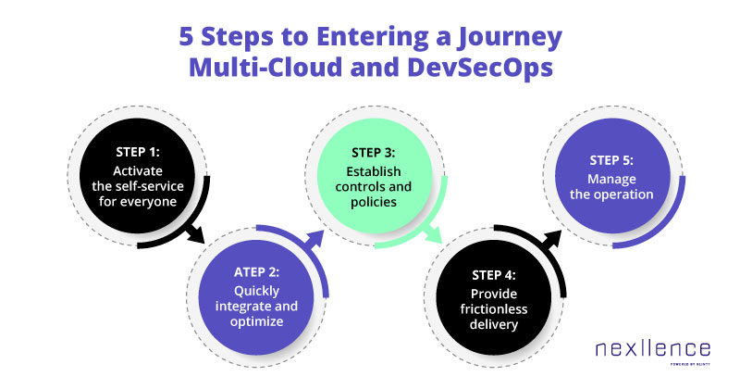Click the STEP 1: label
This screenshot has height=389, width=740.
click(138, 152)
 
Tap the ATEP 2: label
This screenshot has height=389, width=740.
click(257, 272)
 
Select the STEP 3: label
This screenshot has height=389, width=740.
click(374, 153)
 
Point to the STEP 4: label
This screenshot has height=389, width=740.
click(494, 275)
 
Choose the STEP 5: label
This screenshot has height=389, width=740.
click(611, 160)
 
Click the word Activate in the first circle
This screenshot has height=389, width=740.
click(138, 170)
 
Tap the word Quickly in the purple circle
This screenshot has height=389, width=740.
click(257, 291)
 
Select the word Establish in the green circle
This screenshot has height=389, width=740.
click(374, 171)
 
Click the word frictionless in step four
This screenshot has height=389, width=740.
click(494, 309)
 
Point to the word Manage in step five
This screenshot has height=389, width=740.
click(611, 180)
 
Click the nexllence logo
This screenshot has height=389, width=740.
click(653, 351)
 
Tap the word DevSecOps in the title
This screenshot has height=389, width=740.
click(480, 67)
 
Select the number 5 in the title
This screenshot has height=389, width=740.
click(186, 37)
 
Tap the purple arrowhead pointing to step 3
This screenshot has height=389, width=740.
click(314, 239)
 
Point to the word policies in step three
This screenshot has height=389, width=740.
click(374, 202)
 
